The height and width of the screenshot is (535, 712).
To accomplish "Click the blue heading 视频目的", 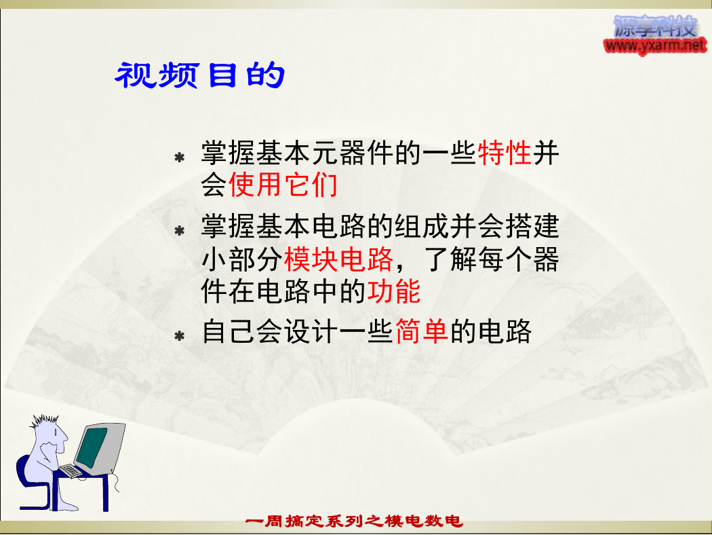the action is [200, 75].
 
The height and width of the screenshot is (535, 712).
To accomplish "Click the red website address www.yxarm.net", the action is [655, 45].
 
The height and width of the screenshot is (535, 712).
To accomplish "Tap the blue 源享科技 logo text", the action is [655, 27].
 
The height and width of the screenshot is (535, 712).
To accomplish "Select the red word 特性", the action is [505, 153].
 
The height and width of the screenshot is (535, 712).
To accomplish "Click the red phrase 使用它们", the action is [283, 185].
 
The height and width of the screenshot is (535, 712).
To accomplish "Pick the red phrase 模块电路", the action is [339, 259].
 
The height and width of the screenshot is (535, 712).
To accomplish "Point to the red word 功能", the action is [394, 291].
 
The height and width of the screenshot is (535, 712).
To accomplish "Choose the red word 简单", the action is [422, 331].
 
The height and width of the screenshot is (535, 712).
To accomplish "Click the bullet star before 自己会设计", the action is [180, 336].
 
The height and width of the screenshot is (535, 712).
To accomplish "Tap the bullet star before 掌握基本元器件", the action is [180, 158].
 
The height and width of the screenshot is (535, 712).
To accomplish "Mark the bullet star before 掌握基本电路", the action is [180, 230].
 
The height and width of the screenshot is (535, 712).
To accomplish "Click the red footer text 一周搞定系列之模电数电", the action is [354, 521].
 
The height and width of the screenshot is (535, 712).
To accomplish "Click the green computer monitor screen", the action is [92, 447].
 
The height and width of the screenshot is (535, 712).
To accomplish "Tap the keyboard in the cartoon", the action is [71, 471].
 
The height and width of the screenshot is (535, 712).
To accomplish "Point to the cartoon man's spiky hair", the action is [44, 421].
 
